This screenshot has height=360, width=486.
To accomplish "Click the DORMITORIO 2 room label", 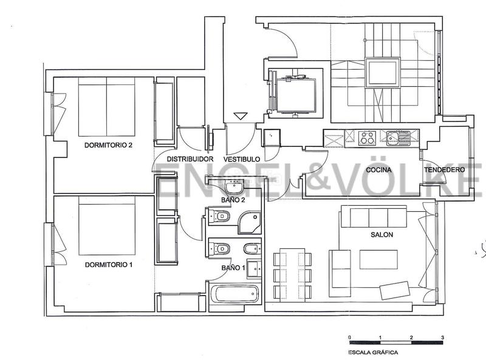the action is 108,145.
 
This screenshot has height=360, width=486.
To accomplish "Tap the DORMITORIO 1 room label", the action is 109,265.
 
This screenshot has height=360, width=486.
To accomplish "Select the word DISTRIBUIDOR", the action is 190,159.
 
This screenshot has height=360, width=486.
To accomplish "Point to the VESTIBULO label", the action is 242,159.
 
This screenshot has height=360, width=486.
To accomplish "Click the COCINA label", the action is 378,170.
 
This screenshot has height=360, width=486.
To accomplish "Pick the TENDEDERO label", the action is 445,170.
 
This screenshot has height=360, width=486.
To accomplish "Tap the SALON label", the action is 382,234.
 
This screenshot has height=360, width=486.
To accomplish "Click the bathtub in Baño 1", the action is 236,294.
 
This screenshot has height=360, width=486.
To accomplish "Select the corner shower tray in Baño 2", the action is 250,222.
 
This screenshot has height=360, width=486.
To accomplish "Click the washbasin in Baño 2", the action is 234,187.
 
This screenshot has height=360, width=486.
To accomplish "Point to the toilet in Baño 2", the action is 219,216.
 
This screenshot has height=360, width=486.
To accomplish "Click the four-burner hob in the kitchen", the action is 367,138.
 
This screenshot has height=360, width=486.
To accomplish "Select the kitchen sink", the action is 399,138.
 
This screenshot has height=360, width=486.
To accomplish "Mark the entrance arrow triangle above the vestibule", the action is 241,116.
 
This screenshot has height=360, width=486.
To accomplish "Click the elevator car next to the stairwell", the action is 296,95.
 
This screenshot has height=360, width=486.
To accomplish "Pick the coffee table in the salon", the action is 378,259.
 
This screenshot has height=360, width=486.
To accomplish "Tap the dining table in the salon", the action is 293,274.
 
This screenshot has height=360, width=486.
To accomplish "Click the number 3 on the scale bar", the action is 443,338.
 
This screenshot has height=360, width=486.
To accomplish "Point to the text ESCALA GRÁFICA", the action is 373,352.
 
